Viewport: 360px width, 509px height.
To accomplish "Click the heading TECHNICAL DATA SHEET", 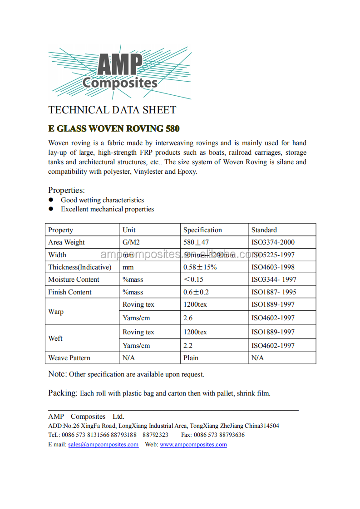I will [112, 110].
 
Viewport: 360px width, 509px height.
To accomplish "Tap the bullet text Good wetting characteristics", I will [102, 200].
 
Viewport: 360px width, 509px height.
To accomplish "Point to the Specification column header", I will [202, 230].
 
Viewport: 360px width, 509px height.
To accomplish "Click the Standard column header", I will [264, 230].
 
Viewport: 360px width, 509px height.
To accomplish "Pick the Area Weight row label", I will [66, 242].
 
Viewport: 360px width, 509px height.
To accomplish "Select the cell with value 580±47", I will [196, 242].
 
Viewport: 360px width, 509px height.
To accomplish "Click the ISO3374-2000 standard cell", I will [273, 242].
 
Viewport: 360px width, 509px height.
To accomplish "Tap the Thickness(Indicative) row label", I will [79, 267].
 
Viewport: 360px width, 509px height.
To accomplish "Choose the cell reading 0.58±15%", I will [200, 267].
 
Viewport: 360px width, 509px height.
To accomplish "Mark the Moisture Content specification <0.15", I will [193, 279].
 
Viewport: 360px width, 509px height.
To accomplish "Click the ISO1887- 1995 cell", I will [274, 292].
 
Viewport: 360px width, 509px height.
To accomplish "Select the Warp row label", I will [56, 312].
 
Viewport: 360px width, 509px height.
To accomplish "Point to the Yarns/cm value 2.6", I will [188, 318].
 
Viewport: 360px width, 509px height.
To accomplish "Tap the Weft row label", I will [55, 338].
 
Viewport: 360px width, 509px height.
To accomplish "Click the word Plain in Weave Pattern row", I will [191, 358].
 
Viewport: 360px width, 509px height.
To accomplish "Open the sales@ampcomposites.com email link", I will [103, 445].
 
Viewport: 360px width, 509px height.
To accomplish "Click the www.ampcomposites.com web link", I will [193, 445].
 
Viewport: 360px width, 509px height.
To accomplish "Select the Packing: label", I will [63, 393].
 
